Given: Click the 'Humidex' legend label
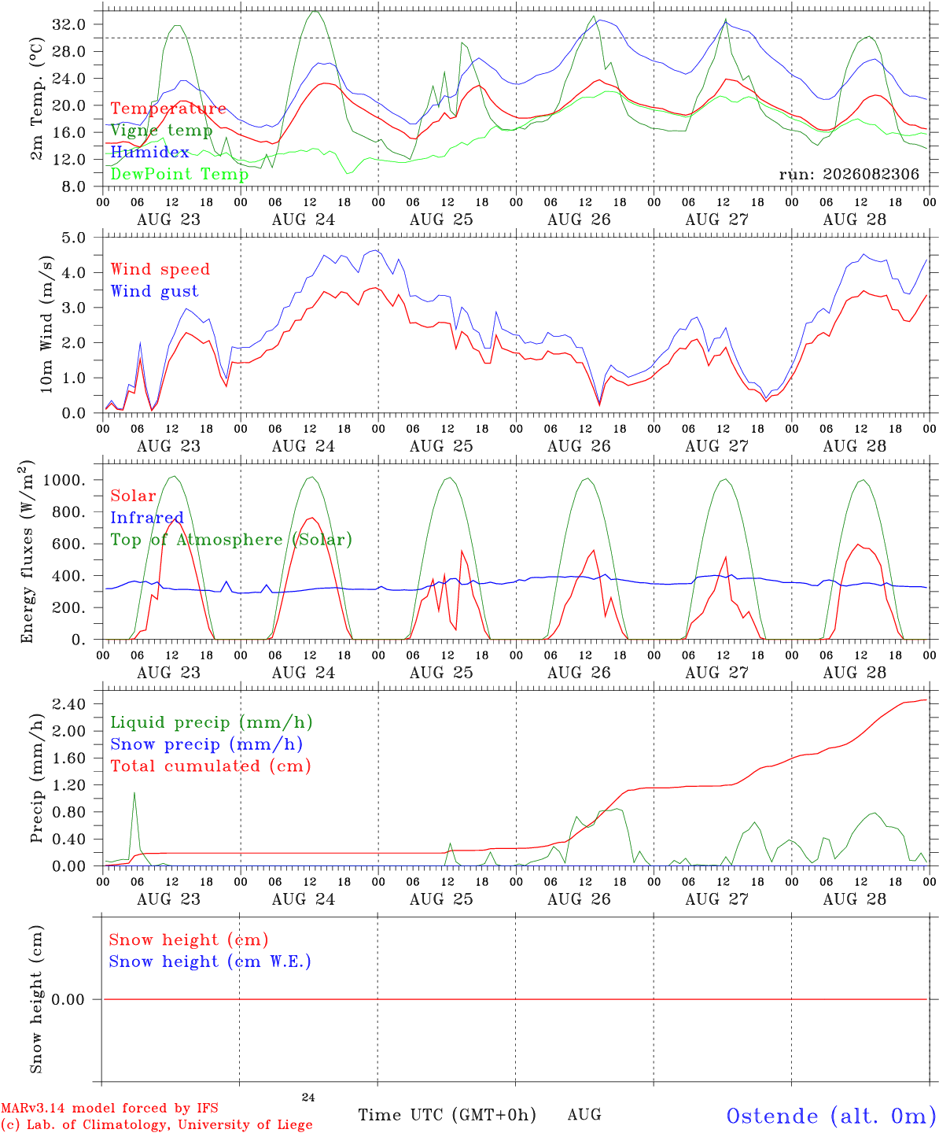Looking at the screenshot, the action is pos(149,152).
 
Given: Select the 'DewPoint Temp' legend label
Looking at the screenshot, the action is pos(179,174).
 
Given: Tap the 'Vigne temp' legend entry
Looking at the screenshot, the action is pos(161,131).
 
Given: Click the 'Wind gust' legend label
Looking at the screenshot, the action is pos(155,291).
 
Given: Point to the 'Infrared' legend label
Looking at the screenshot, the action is pos(147,518).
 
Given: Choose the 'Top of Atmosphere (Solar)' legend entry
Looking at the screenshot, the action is pos(232,540).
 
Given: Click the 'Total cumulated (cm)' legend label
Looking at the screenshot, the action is pos(211,766).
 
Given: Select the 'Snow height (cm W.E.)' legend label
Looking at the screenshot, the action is pos(210,961).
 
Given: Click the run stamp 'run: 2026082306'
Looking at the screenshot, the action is pos(849,174).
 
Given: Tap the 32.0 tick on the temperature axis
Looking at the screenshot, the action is pos(69,24).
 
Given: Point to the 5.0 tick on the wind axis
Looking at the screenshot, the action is pos(73,238).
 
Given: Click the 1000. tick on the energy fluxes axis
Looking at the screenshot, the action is pos(64,480).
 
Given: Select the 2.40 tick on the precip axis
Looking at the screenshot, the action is pos(69,704).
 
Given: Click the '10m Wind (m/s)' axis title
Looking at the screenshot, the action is pos(46,324).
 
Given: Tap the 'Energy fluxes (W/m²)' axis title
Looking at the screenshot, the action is pos(27,552).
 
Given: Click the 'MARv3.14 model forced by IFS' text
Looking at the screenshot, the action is pos(109,1108).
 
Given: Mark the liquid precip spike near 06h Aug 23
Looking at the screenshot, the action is pos(134,793).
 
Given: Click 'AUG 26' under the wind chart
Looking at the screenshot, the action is pos(579,445).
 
